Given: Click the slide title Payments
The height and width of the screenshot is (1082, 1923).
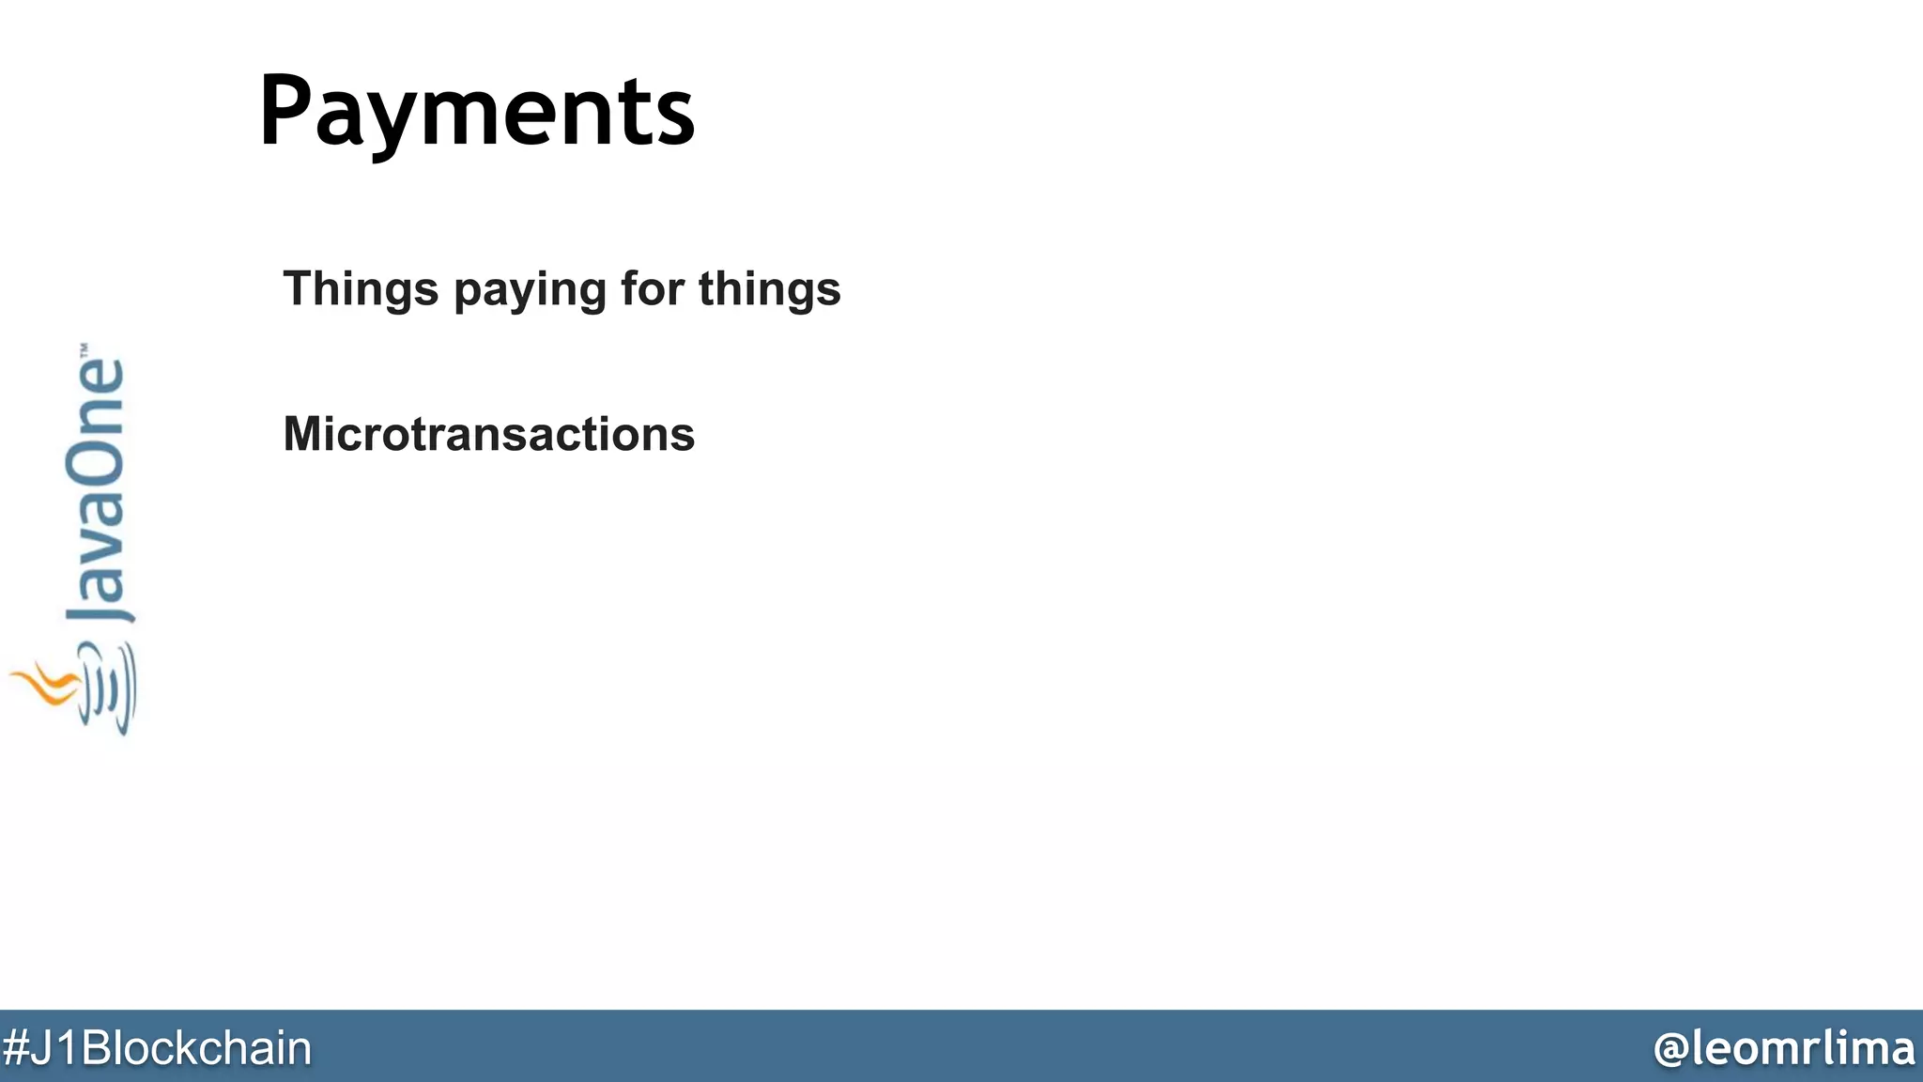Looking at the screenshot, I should (x=476, y=113).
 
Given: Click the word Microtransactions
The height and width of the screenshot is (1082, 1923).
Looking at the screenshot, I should (x=488, y=434).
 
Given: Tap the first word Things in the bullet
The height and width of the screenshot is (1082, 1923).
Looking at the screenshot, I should (x=361, y=288).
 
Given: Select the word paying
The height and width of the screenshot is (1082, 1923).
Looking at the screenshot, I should (x=530, y=290).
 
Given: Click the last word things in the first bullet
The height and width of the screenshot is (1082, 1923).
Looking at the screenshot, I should (x=769, y=290).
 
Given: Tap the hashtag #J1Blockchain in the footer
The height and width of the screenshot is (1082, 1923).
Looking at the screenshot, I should (x=157, y=1048).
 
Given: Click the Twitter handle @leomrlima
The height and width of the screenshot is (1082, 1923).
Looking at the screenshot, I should (x=1783, y=1048).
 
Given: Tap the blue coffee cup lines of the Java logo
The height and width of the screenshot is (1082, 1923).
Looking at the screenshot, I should (x=111, y=690).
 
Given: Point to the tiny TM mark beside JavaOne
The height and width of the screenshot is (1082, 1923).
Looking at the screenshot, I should (x=84, y=348).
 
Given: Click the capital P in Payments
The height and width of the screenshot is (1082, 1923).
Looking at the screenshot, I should (x=285, y=111).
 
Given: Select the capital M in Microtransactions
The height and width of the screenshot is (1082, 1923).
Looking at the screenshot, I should (x=304, y=434).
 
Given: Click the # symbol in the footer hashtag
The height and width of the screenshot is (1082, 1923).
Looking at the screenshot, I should (x=15, y=1048).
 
